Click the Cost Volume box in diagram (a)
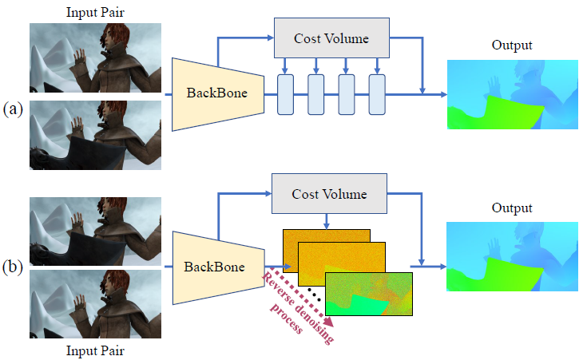(x=331, y=38)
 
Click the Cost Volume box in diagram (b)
(x=329, y=193)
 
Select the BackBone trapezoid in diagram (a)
(x=218, y=94)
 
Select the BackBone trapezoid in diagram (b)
(x=219, y=267)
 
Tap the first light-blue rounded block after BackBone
(x=285, y=94)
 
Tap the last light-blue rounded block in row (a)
(x=377, y=94)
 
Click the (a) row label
(x=13, y=109)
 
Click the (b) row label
(x=13, y=267)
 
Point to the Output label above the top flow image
(x=512, y=45)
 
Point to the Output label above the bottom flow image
(x=512, y=208)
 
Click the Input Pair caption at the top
(x=95, y=12)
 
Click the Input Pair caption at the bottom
(x=95, y=350)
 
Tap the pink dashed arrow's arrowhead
(x=328, y=322)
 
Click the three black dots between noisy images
(x=314, y=294)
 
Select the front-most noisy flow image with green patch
(x=369, y=294)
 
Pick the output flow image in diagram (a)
(x=513, y=95)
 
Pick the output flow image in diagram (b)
(x=512, y=257)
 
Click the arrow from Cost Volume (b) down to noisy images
(x=327, y=222)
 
